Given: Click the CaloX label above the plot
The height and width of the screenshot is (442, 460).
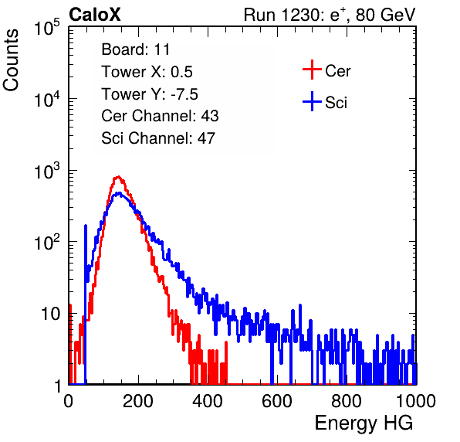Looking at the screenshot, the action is click(x=95, y=15).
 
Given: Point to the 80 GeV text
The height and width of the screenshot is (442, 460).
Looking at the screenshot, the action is click(x=386, y=15).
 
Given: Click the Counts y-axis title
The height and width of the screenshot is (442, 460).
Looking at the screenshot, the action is click(x=11, y=60).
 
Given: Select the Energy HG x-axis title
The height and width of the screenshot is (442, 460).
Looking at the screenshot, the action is click(x=364, y=423).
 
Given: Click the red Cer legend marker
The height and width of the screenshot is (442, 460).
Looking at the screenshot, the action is click(x=312, y=70).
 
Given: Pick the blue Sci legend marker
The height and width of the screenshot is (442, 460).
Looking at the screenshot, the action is click(x=312, y=101).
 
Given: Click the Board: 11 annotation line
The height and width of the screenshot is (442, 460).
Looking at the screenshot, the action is click(x=136, y=49).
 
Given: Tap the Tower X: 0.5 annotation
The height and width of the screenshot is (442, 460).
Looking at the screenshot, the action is click(x=147, y=72).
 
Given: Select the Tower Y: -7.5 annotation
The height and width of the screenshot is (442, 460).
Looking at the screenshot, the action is click(x=150, y=94).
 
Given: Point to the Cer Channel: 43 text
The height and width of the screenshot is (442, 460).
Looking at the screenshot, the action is click(x=160, y=116).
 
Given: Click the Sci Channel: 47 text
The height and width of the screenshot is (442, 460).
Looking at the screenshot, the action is click(x=158, y=138).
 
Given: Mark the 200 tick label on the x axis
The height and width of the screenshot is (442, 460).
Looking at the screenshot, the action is click(x=138, y=401).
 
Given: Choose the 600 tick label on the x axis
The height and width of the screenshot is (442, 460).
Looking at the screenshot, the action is click(x=277, y=401).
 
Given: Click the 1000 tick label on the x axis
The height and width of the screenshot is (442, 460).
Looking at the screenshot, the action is click(x=416, y=401).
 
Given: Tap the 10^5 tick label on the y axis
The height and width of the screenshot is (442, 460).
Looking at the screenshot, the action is click(x=47, y=27).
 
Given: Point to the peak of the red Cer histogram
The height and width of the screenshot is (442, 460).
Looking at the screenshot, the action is click(x=118, y=176).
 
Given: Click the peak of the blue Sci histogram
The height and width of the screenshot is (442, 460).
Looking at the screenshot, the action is click(x=119, y=193).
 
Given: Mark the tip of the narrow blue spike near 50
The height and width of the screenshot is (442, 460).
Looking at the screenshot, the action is click(x=86, y=226).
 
